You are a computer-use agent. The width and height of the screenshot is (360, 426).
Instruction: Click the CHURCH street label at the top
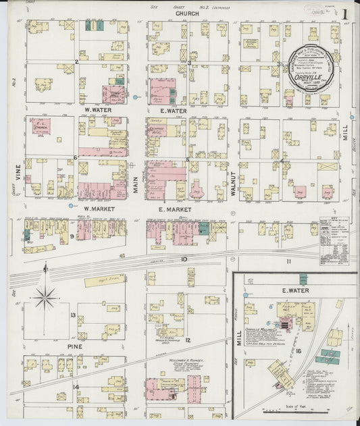click(186, 14)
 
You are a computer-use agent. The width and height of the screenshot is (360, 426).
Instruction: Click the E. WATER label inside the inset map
click(294, 290)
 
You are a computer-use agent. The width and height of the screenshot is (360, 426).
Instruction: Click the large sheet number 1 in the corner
click(344, 14)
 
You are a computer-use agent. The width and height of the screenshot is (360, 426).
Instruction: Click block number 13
click(73, 315)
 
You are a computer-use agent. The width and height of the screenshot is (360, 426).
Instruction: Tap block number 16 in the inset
click(298, 352)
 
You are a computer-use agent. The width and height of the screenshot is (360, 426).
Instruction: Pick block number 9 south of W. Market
click(71, 236)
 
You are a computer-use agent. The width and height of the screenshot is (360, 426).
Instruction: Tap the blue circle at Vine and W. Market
click(70, 205)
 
